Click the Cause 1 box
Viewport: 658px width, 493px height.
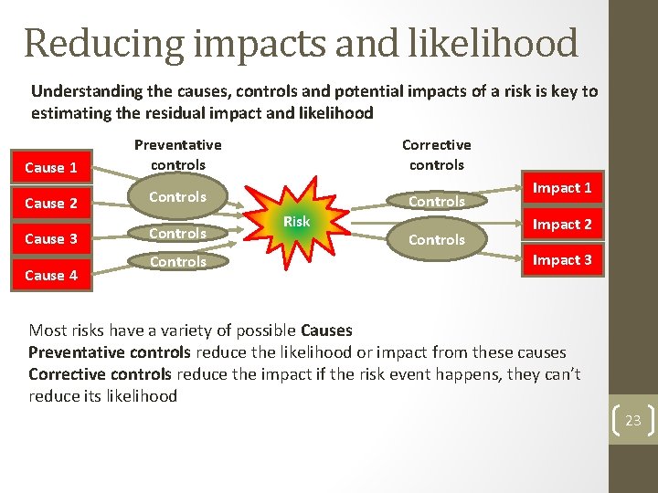pyautogui.click(x=50, y=167)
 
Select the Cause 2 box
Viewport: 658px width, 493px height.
pyautogui.click(x=50, y=203)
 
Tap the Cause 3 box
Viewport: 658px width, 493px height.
pyautogui.click(x=50, y=239)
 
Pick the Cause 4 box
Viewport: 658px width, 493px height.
pyautogui.click(x=50, y=275)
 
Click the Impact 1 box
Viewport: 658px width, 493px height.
pyautogui.click(x=562, y=188)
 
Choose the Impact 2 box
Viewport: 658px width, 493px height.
pyautogui.click(x=562, y=225)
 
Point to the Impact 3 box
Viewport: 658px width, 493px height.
pyautogui.click(x=562, y=260)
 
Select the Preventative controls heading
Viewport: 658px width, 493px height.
pyautogui.click(x=178, y=155)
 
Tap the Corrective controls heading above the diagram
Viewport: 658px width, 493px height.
pyautogui.click(x=437, y=155)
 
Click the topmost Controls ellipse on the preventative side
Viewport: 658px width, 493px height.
pyautogui.click(x=178, y=197)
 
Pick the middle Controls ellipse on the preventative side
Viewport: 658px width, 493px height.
pyautogui.click(x=178, y=234)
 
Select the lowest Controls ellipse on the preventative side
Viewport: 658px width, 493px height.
pyautogui.click(x=178, y=262)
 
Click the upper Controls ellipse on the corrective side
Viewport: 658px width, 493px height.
pyautogui.click(x=437, y=202)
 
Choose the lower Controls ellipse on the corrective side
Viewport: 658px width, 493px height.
pyautogui.click(x=437, y=240)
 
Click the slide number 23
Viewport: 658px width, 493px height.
pyautogui.click(x=632, y=421)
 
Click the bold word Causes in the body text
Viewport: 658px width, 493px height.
pyautogui.click(x=326, y=330)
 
